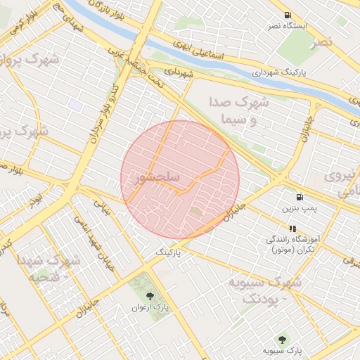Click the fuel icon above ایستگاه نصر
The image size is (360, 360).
288,15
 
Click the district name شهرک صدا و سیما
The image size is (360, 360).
240,111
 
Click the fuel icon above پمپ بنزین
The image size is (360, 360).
300,198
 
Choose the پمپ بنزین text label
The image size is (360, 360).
300,209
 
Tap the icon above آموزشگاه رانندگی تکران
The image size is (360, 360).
292,229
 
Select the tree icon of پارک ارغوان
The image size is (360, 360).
150,296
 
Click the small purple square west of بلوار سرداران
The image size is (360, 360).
75,105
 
